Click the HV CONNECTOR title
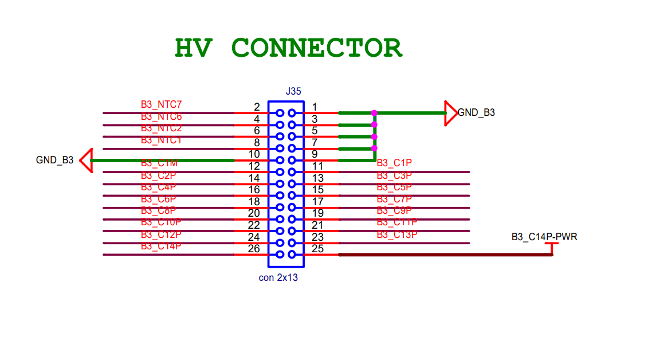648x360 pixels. [288, 48]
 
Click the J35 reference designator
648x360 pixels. [293, 91]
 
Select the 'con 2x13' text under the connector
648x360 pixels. [278, 277]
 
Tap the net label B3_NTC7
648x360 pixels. [161, 104]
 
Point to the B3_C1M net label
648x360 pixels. [159, 164]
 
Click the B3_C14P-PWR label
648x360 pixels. [544, 236]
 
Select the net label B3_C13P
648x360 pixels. [396, 234]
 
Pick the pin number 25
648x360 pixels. [317, 249]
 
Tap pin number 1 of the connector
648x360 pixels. [315, 107]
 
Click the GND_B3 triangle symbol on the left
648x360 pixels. [85, 161]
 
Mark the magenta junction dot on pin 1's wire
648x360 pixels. [374, 113]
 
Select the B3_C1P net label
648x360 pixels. [394, 163]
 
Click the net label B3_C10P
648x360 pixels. [161, 222]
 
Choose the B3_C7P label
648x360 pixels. [394, 199]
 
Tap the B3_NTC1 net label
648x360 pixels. [161, 140]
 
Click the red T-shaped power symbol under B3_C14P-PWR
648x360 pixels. [552, 247]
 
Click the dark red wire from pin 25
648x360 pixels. [447, 255]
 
